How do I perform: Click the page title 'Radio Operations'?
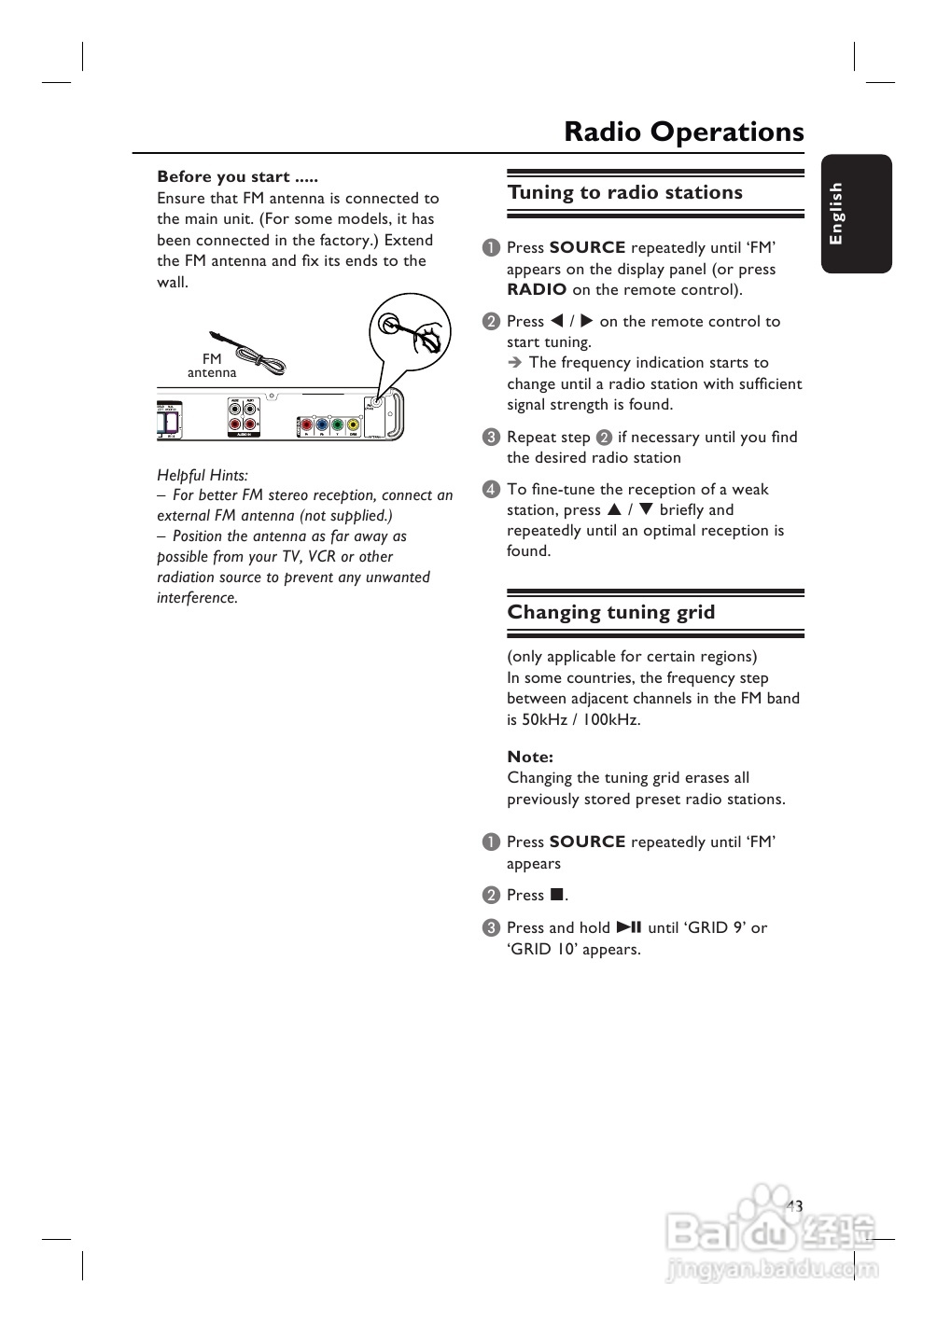[683, 132]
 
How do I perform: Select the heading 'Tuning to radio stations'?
[624, 193]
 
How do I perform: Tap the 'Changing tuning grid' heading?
[610, 613]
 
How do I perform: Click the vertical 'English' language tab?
[837, 214]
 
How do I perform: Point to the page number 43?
[794, 1206]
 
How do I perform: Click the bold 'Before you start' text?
[237, 176]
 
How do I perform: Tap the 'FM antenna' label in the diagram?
[212, 366]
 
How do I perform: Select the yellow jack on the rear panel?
[353, 425]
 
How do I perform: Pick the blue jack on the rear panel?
[322, 425]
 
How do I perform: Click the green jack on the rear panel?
[337, 425]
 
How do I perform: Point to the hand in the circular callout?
[428, 336]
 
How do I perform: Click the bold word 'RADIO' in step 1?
[537, 290]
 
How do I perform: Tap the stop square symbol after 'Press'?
[556, 895]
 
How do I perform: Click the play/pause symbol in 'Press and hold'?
[629, 927]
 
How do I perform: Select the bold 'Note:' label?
[530, 757]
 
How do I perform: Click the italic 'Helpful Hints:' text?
[203, 475]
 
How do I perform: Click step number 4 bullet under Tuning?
[492, 490]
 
